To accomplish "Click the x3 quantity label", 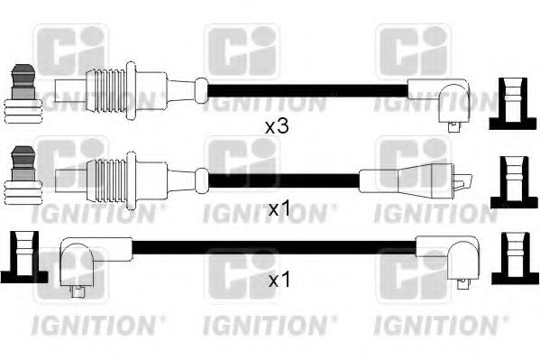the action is (x=277, y=127).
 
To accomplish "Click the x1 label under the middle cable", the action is (x=279, y=209).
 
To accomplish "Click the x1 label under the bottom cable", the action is (x=279, y=281).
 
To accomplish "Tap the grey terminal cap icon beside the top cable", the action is (x=23, y=94).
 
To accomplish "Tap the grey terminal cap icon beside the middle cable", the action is (x=23, y=175).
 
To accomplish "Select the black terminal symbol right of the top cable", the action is (x=513, y=104).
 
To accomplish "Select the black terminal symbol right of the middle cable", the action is (x=514, y=182).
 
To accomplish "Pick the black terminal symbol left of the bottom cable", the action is (x=24, y=257).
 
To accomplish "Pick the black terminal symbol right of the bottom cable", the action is (x=515, y=258).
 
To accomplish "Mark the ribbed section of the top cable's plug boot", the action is (x=105, y=91).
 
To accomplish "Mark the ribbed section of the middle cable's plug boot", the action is (x=106, y=180).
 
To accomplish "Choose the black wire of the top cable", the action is (x=307, y=91).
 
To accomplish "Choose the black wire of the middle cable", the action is (x=284, y=180).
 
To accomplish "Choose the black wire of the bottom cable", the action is (x=274, y=248).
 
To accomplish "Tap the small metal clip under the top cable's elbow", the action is (x=453, y=126).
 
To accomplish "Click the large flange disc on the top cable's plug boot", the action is (x=131, y=91).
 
